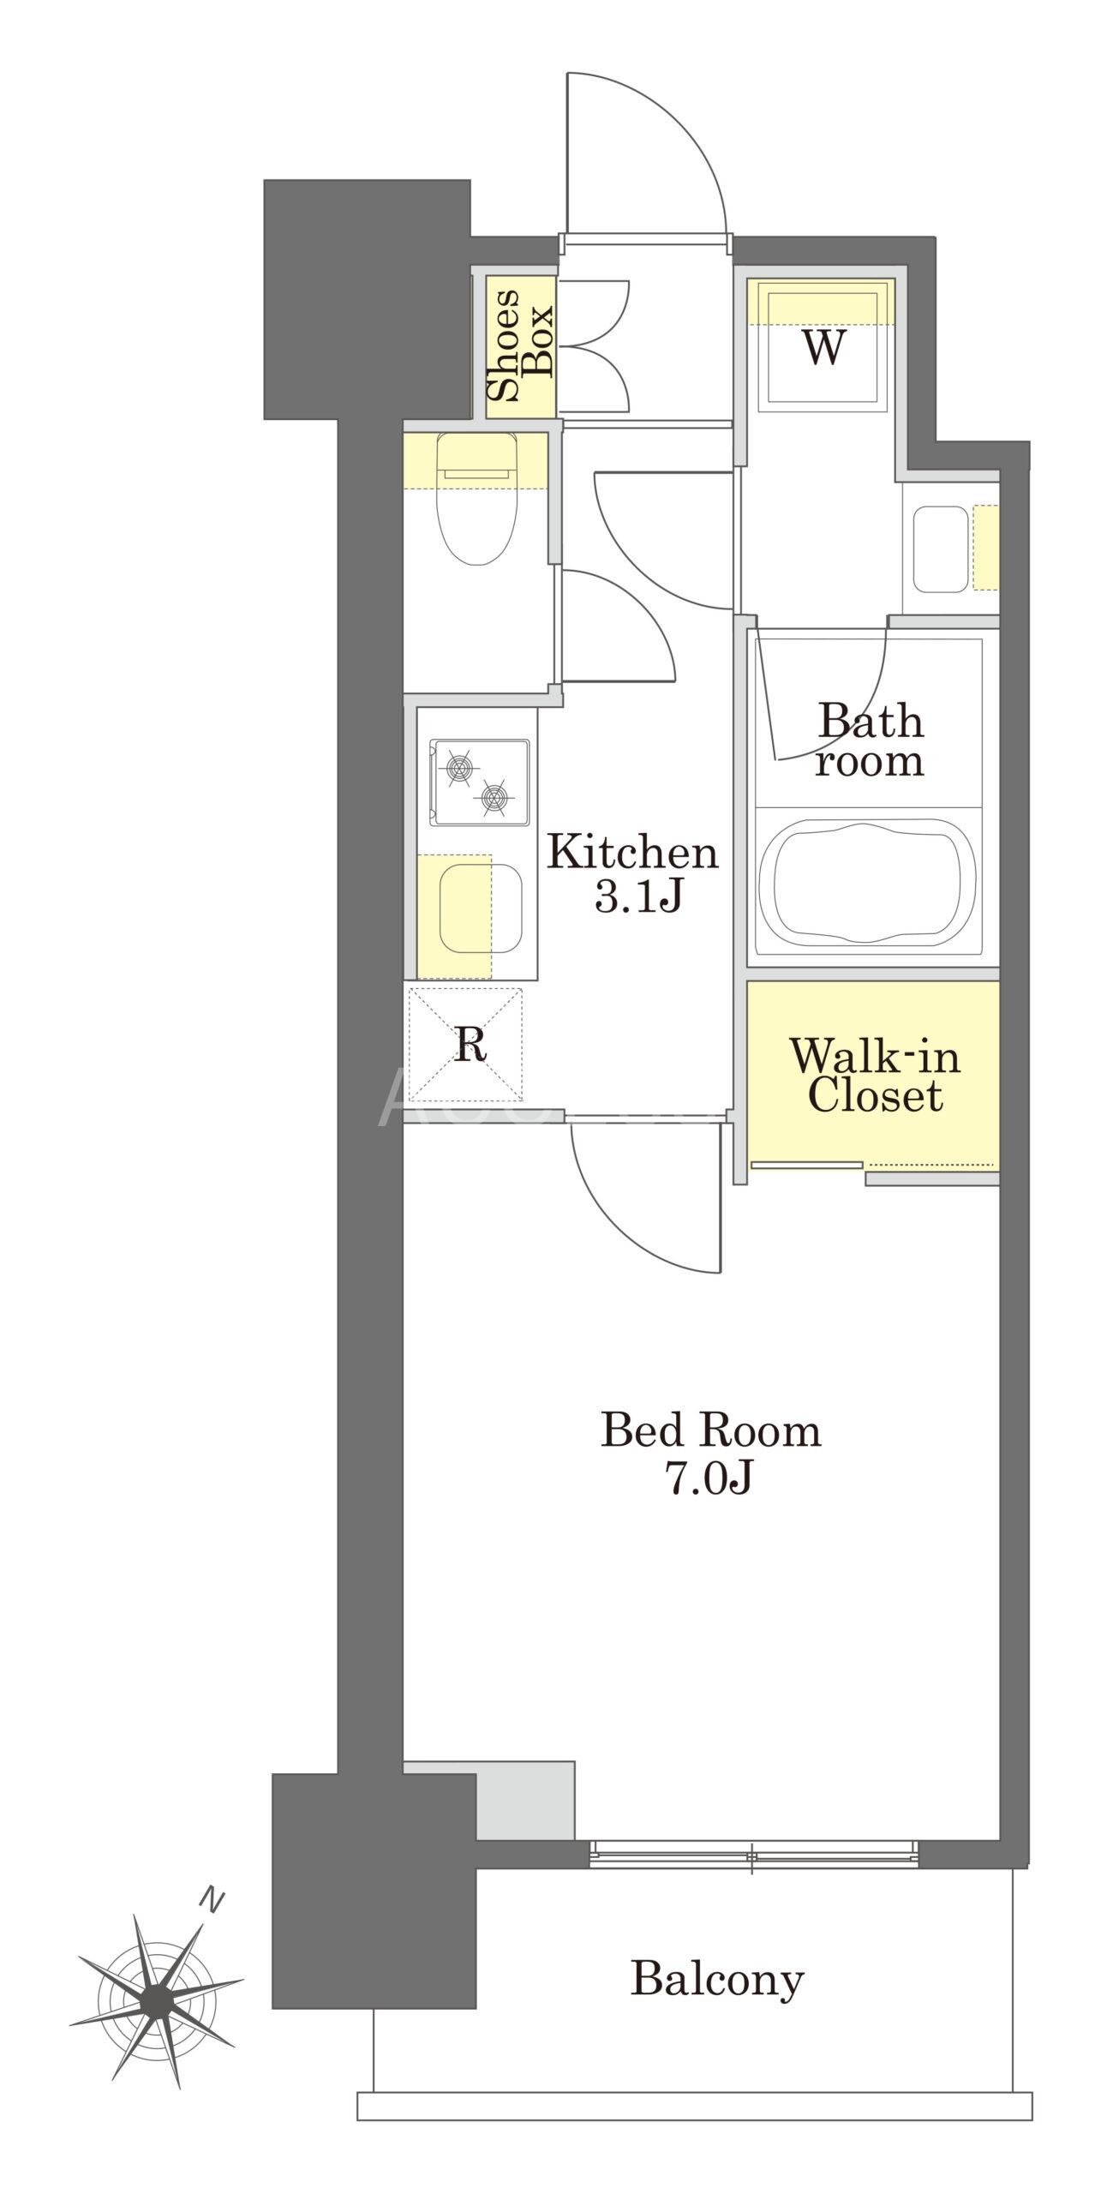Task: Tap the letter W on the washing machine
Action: (823, 348)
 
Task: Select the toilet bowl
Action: (478, 501)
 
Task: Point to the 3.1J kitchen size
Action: (638, 896)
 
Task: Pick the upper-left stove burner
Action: (456, 766)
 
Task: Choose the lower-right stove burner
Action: (494, 798)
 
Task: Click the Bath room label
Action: (870, 741)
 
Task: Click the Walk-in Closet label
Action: (875, 1075)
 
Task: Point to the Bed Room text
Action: (711, 1430)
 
